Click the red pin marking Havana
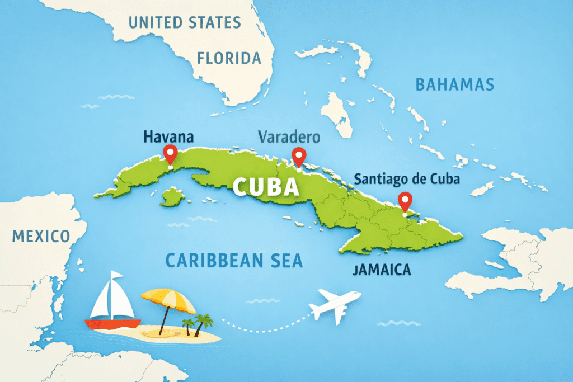(x=169, y=152)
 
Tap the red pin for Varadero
(x=299, y=156)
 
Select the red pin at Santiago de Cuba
(x=404, y=200)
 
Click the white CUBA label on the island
(x=266, y=187)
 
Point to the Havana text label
(x=168, y=136)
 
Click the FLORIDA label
(x=229, y=58)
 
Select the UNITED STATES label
(x=185, y=23)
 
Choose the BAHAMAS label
(x=454, y=84)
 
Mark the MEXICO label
(x=41, y=235)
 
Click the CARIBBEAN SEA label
(x=234, y=260)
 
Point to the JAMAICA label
(x=382, y=270)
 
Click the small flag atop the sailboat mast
(x=116, y=276)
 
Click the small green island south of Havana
(x=172, y=196)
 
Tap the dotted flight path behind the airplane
(x=263, y=323)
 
